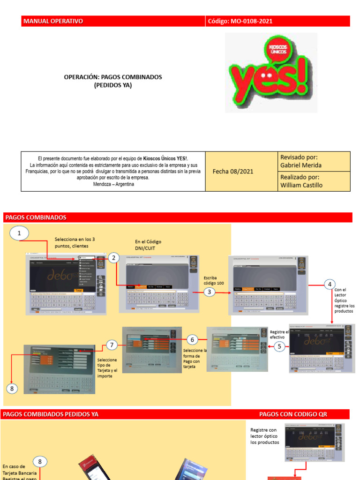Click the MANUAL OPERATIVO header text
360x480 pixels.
pyautogui.click(x=53, y=21)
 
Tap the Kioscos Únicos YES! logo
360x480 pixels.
pyautogui.click(x=271, y=73)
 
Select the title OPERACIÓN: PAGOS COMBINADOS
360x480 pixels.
pyautogui.click(x=112, y=77)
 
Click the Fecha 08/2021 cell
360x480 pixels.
pyautogui.click(x=233, y=171)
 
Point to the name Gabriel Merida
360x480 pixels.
pyautogui.click(x=301, y=165)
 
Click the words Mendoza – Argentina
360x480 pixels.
pyautogui.click(x=113, y=184)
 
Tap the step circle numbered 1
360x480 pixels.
pyautogui.click(x=19, y=233)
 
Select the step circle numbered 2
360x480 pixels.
pyautogui.click(x=113, y=258)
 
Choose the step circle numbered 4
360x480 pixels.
pyautogui.click(x=330, y=284)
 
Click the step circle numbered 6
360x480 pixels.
pyautogui.click(x=191, y=339)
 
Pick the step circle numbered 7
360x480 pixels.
pyautogui.click(x=112, y=345)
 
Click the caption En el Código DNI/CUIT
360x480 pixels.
pyautogui.click(x=148, y=245)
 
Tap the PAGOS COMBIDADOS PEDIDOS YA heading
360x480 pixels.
pyautogui.click(x=51, y=414)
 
